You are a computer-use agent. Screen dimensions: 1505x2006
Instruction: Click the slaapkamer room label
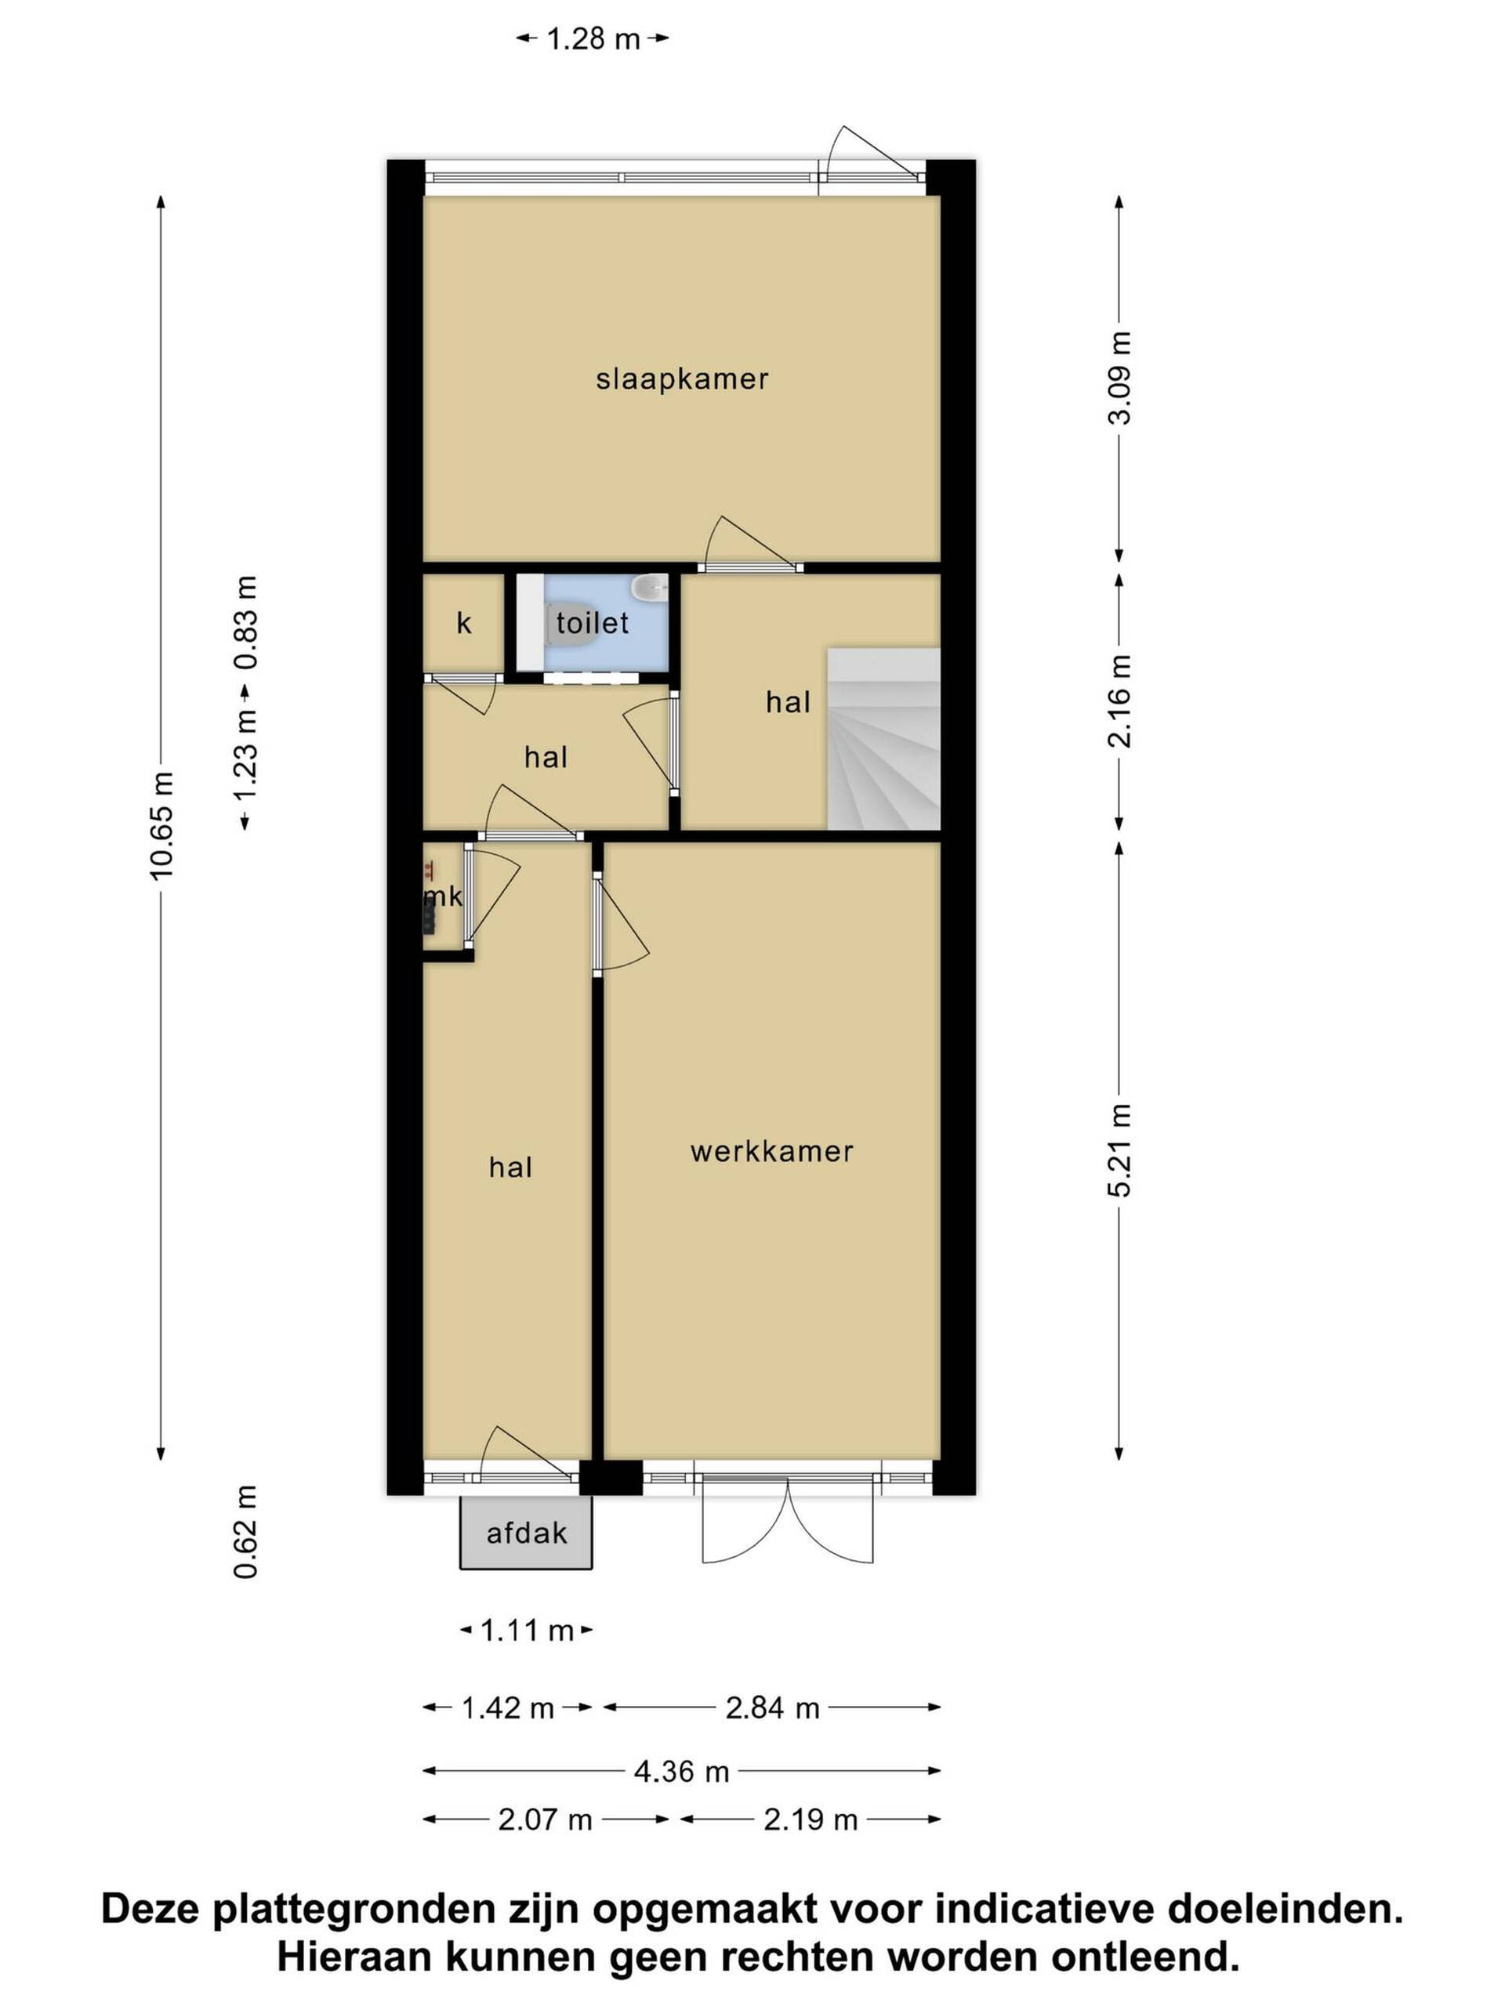click(681, 379)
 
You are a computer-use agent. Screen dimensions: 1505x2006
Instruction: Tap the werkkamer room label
click(771, 1152)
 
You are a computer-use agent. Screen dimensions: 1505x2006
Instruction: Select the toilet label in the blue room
click(593, 623)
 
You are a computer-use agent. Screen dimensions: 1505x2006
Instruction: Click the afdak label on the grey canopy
click(526, 1533)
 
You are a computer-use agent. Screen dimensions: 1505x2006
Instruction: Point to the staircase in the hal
click(883, 738)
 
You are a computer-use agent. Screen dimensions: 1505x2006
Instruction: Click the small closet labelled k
click(463, 625)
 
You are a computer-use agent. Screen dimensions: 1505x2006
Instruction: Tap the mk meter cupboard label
click(444, 898)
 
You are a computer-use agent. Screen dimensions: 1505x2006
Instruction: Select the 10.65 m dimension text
click(161, 825)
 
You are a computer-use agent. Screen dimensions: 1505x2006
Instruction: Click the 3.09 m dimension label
click(1119, 378)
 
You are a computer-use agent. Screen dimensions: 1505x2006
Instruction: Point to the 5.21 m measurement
click(1119, 1151)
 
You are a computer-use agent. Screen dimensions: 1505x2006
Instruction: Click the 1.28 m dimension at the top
click(593, 39)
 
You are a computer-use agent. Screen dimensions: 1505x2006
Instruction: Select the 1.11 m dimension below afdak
click(526, 1631)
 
